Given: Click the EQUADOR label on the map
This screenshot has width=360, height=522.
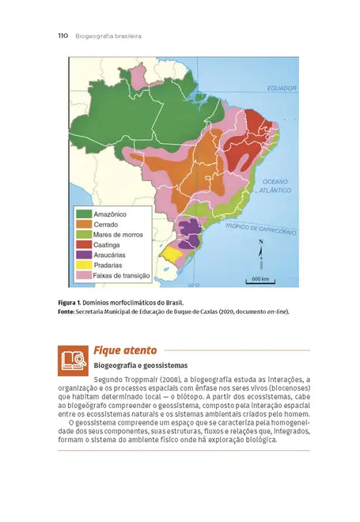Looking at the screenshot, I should click(x=280, y=88).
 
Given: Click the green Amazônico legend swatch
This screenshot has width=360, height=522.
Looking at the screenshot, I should click(x=83, y=214).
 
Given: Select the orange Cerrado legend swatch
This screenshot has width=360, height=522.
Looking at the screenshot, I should click(x=83, y=224).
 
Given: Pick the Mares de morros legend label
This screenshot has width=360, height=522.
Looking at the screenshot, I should click(x=118, y=234).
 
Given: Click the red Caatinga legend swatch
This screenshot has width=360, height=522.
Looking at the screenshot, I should click(x=83, y=244).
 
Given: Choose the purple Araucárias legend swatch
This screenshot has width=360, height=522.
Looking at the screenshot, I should click(x=83, y=255).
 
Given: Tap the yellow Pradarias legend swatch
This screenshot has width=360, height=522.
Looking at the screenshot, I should click(x=83, y=265).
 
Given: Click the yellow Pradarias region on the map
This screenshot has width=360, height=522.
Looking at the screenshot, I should click(x=172, y=255).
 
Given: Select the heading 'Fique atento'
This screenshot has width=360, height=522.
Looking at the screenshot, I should click(x=125, y=350).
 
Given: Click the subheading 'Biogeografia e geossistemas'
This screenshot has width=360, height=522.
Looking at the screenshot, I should click(x=140, y=365).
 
